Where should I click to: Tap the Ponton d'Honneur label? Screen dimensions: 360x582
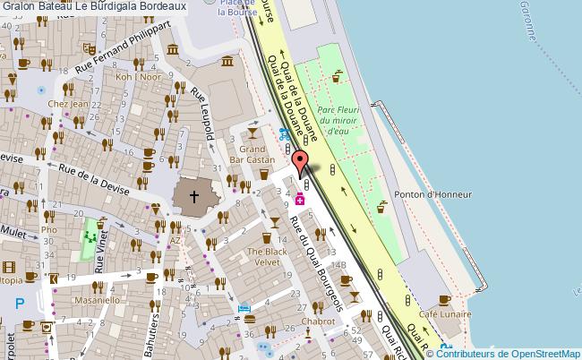432,193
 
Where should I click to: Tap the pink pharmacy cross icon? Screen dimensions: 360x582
300,201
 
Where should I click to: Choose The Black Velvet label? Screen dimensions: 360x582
268,257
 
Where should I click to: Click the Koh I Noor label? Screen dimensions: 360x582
137,77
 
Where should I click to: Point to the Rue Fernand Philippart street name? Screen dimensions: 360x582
123,48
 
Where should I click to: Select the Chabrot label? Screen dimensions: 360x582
318,321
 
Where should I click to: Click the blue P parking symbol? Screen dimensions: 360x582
20,304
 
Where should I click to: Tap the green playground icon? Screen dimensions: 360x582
90,238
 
